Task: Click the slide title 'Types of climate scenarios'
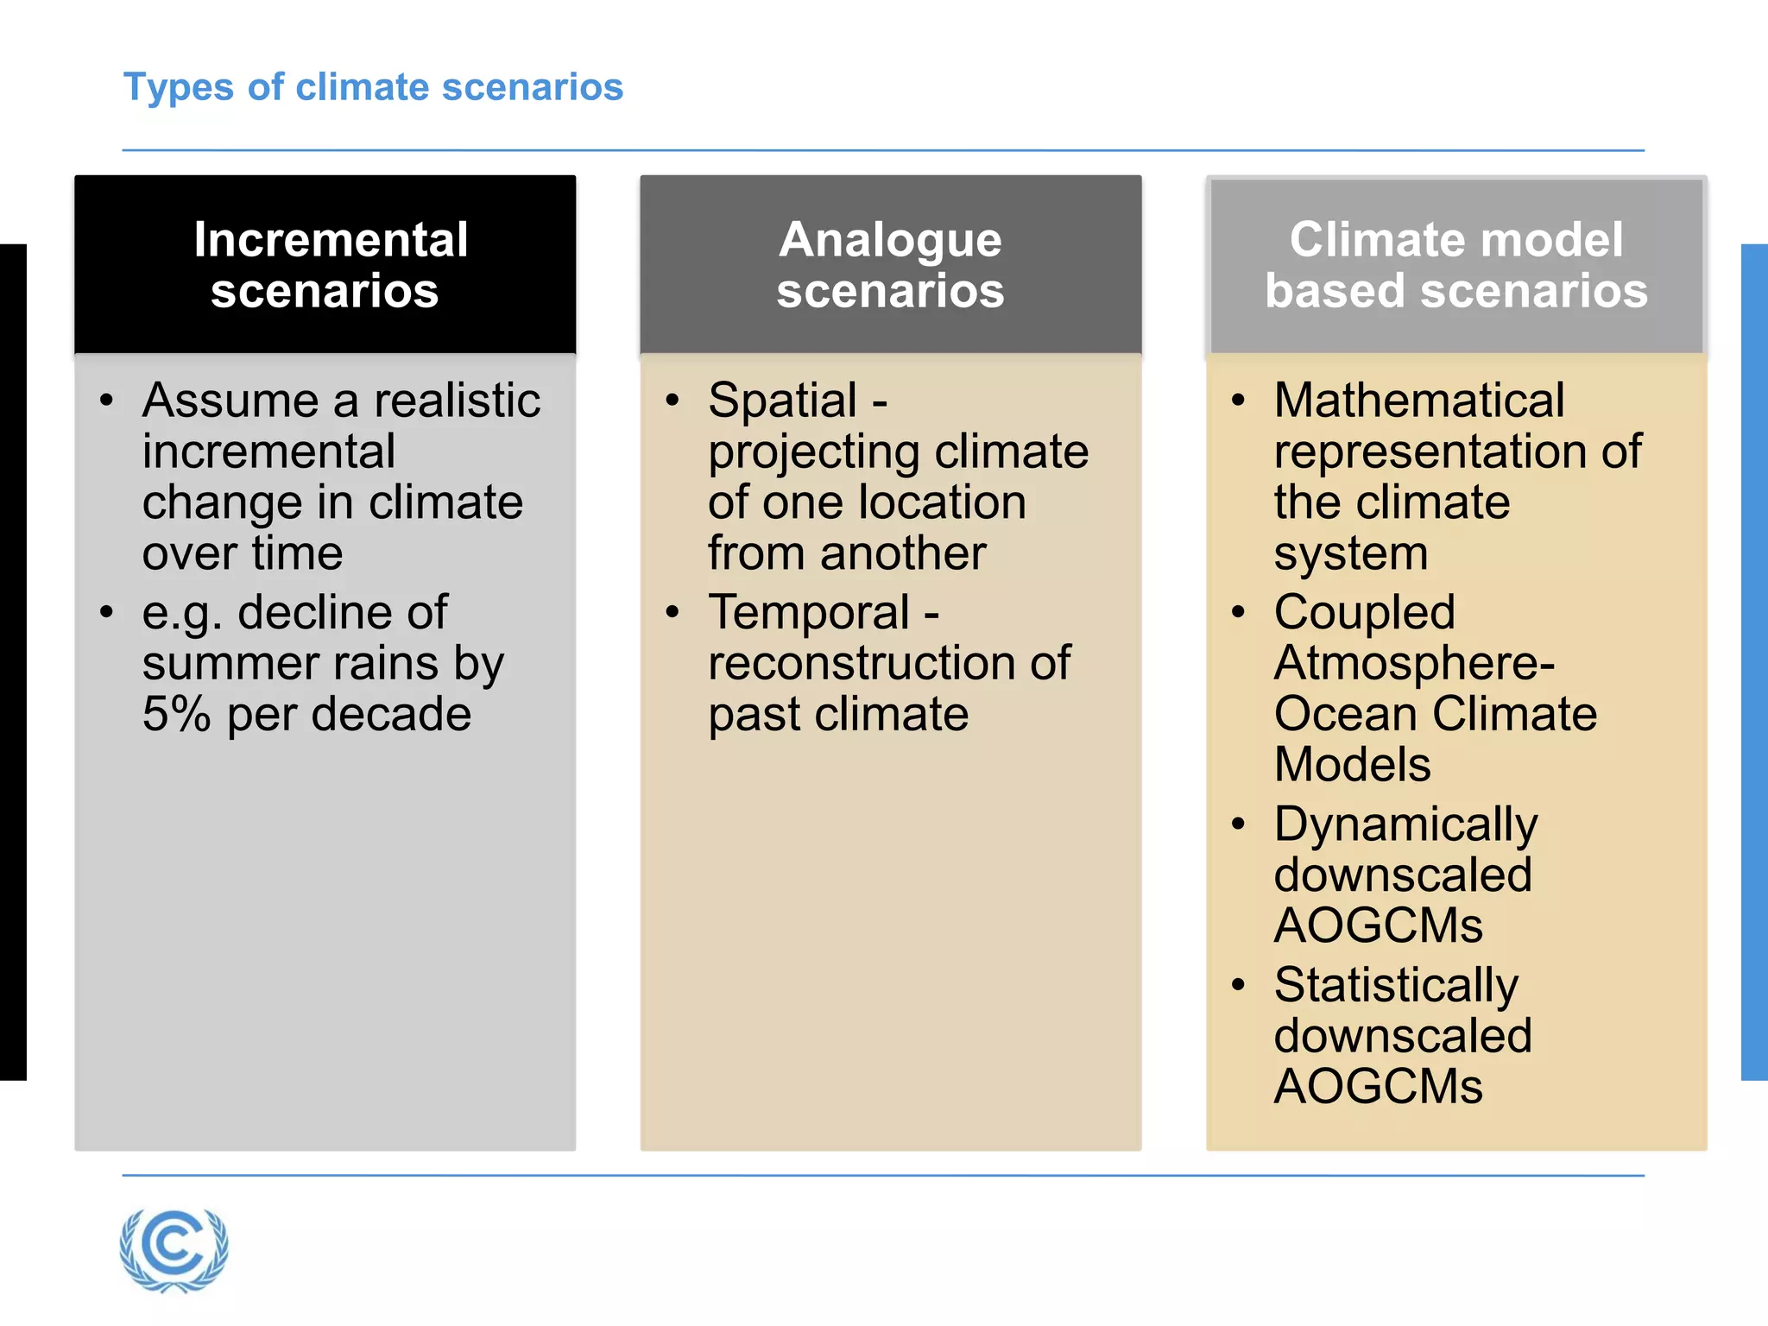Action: (373, 88)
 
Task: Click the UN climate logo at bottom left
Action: (174, 1249)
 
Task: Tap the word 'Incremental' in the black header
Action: (331, 240)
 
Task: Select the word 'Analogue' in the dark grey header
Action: (890, 240)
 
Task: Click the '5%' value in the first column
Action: (176, 715)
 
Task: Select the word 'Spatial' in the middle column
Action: (782, 401)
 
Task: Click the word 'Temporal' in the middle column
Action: (809, 613)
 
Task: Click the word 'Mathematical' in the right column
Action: (1418, 401)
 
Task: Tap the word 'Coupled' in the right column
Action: (1364, 613)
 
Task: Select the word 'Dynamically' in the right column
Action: (1405, 825)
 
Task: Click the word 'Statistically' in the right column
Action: (1396, 986)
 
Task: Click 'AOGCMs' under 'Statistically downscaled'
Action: (1378, 1087)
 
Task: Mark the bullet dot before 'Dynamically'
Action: (1238, 824)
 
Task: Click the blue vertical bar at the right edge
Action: (1754, 661)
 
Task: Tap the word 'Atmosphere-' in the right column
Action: (1414, 664)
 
